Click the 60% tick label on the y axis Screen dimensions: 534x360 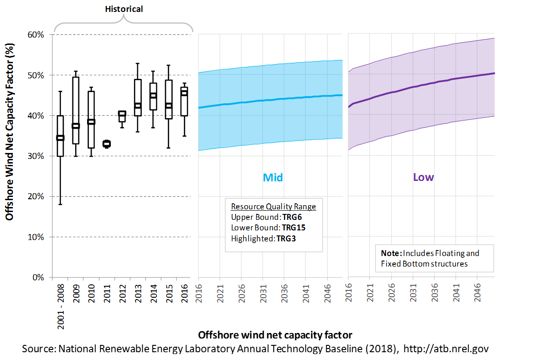point(36,35)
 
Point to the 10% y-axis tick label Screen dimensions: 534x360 point(36,237)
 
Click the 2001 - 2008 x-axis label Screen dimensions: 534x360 point(61,306)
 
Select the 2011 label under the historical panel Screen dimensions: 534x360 point(107,293)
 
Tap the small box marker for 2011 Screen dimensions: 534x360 point(107,144)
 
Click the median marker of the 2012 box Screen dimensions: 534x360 point(122,114)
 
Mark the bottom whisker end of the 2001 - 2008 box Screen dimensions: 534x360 point(61,204)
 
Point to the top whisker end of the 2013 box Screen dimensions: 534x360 point(138,63)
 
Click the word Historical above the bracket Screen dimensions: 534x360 point(124,9)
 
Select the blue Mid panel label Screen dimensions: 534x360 point(273,177)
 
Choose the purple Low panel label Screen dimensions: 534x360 point(424,177)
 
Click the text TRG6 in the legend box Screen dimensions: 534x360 point(292,217)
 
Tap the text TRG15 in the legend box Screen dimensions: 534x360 point(294,228)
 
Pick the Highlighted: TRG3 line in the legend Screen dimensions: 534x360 point(263,239)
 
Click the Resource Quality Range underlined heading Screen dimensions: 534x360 point(274,207)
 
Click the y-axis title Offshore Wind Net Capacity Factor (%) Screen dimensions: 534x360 point(10,132)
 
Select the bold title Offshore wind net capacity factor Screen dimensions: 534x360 point(275,335)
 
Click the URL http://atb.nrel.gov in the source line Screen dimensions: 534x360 point(446,349)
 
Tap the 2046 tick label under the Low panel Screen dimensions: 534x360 point(478,293)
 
